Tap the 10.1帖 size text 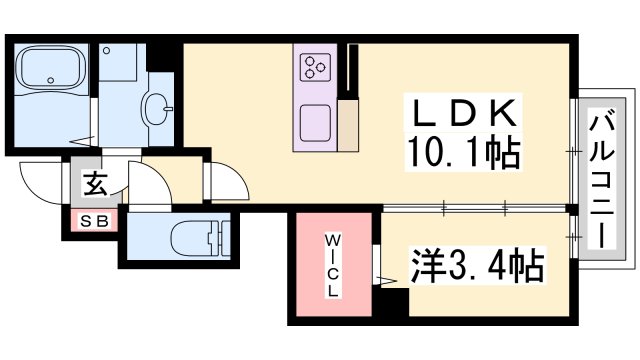pyautogui.click(x=461, y=152)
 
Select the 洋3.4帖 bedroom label pyautogui.click(x=479, y=266)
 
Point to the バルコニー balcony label pyautogui.click(x=602, y=182)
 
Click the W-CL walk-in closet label pyautogui.click(x=331, y=265)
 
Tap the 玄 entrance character pyautogui.click(x=94, y=185)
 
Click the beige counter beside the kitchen pyautogui.click(x=348, y=125)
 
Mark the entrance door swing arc pyautogui.click(x=40, y=185)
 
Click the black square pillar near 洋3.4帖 pyautogui.click(x=394, y=297)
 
